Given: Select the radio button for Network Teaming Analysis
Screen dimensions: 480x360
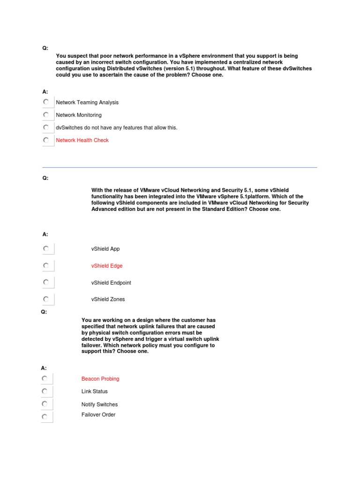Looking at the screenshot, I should (45, 102).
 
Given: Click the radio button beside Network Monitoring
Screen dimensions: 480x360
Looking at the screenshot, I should (45, 114).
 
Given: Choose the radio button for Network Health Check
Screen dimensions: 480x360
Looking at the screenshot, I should (45, 140).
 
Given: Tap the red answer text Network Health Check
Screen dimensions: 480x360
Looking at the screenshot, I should (82, 140).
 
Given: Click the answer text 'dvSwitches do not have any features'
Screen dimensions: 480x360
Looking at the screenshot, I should (116, 127).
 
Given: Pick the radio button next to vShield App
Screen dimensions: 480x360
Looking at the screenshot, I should (45, 248).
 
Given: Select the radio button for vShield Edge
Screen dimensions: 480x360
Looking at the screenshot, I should (45, 265).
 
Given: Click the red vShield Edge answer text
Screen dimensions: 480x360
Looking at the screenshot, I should (107, 266).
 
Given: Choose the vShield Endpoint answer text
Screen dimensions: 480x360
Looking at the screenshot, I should (111, 283).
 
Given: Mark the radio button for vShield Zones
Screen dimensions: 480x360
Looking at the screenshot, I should (45, 299).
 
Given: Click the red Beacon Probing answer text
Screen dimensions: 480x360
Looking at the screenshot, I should (100, 379).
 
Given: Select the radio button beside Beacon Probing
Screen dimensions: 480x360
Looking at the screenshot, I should (44, 378).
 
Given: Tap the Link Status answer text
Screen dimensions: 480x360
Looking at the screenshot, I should (94, 391).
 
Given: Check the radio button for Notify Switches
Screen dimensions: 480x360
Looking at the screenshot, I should (44, 404).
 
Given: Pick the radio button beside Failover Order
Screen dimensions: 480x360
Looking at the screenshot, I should (44, 416).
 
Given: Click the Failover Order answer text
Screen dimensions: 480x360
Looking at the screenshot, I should (98, 415).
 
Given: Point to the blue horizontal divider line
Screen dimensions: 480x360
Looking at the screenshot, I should (180, 167).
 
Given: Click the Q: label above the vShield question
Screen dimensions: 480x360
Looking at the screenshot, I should (45, 178).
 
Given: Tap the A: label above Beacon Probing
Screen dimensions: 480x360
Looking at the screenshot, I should (44, 368).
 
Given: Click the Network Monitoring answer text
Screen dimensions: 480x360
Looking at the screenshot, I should (78, 115).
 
